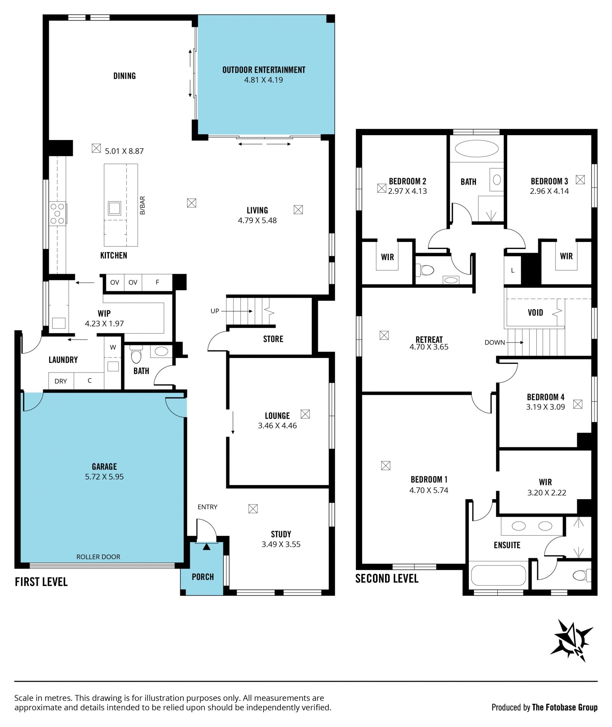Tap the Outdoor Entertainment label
tap(264, 70)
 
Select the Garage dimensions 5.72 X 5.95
tap(105, 476)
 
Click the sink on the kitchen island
tap(114, 208)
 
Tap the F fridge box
tap(157, 283)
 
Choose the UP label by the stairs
tap(215, 311)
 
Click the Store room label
tap(273, 339)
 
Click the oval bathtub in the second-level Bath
tap(477, 149)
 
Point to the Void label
tap(535, 313)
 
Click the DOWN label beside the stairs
tap(495, 342)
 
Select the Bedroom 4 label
tap(545, 397)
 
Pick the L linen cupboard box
tap(513, 271)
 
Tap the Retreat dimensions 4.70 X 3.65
tap(429, 347)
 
